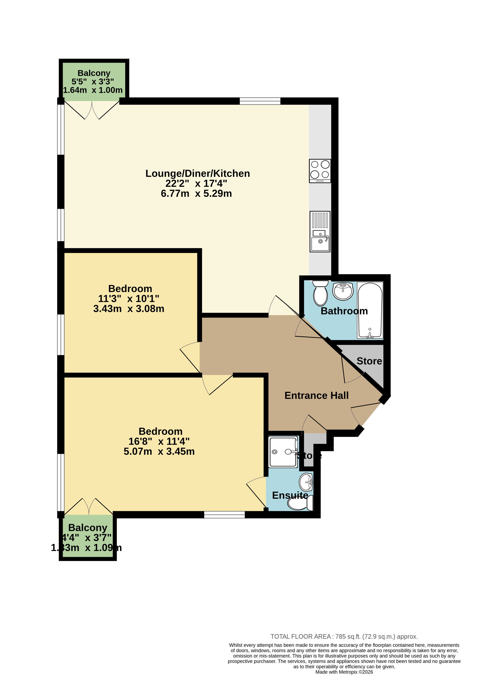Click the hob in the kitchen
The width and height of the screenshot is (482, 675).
tap(320, 171)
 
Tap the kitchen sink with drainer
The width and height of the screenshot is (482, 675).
tap(320, 231)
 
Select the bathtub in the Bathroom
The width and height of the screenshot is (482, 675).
tap(370, 310)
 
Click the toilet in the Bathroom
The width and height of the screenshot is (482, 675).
tap(320, 293)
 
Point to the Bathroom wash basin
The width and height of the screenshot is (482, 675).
tap(343, 291)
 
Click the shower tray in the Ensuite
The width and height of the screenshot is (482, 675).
tap(283, 452)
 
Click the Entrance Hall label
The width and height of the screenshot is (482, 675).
tap(316, 395)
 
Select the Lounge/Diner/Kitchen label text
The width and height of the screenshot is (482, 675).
tap(198, 173)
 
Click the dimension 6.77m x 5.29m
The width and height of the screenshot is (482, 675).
tap(196, 194)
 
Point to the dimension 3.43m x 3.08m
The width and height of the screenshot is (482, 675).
tap(129, 309)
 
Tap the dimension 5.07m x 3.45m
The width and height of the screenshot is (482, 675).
tap(159, 451)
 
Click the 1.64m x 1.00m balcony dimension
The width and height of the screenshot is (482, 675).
tap(93, 90)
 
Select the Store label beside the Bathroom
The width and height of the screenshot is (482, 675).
tap(369, 361)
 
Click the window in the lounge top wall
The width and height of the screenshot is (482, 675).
tap(260, 101)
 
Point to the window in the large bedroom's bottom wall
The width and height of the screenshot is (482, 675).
tap(224, 515)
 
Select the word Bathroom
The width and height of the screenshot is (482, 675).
tap(344, 311)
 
